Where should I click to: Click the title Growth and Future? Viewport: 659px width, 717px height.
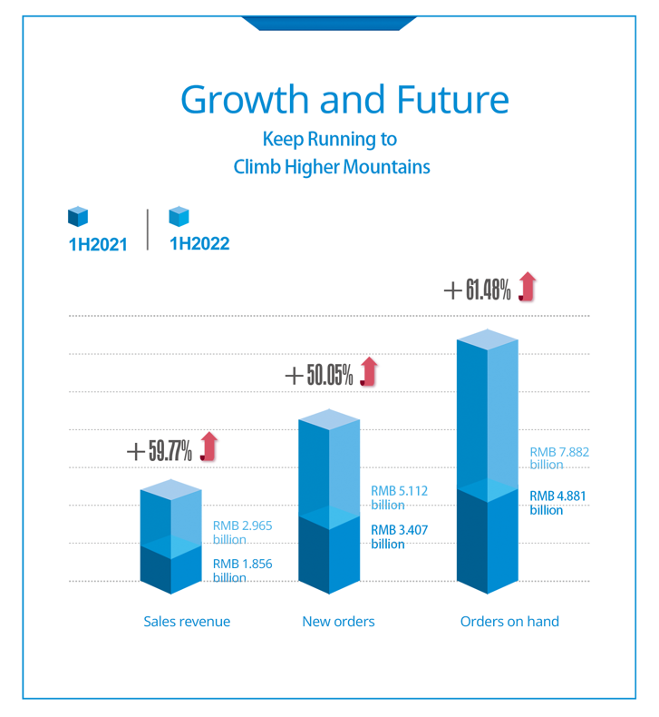pos(344,98)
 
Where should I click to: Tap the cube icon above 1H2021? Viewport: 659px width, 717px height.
pos(78,216)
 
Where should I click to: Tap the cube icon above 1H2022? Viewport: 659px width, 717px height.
pos(179,216)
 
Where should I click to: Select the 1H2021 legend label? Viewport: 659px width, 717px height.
pos(97,243)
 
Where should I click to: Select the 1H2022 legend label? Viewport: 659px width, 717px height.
pos(199,243)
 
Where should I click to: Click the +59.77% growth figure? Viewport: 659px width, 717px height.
pos(159,449)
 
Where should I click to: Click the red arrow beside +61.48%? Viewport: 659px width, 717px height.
pos(528,288)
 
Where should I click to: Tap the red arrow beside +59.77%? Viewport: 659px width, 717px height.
pos(209,447)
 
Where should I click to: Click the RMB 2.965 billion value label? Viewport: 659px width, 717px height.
pos(242,532)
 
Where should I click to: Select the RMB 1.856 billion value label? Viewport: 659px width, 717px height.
pos(242,570)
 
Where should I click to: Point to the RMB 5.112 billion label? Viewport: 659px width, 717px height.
pos(399,497)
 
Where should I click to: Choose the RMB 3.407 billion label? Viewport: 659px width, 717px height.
pos(399,535)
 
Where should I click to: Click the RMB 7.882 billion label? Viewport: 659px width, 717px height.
pos(560,457)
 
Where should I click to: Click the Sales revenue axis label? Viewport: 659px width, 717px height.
pos(187,622)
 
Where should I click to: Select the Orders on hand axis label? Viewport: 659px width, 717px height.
pos(509,622)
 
